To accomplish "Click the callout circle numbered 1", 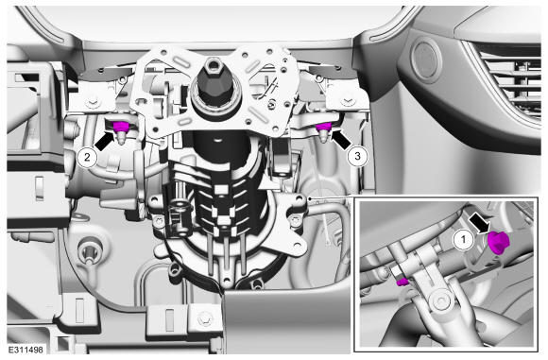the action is pyautogui.click(x=463, y=239).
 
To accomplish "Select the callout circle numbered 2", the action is pyautogui.click(x=87, y=157).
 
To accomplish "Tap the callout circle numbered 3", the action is pyautogui.click(x=357, y=156).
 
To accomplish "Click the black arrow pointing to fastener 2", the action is pyautogui.click(x=105, y=141).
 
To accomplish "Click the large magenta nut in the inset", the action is pyautogui.click(x=499, y=242).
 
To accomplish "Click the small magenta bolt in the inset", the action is pyautogui.click(x=402, y=282).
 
